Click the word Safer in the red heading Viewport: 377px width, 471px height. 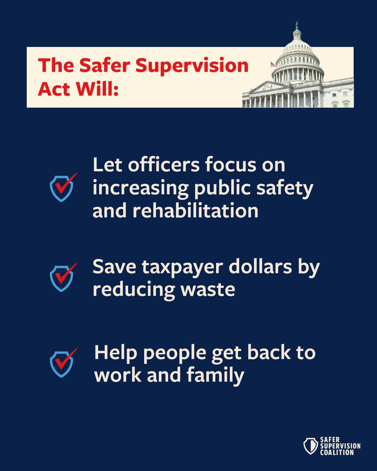pos(104,66)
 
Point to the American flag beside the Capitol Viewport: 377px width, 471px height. pos(273,64)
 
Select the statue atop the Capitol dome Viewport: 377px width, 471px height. pos(297,25)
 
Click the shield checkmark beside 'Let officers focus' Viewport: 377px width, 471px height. pos(62,188)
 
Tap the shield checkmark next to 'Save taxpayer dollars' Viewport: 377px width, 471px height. pos(62,278)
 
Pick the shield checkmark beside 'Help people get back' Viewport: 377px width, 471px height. pos(62,364)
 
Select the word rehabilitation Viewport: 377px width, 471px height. pos(195,211)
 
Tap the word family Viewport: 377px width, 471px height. pos(215,375)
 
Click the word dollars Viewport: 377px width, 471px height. pos(260,267)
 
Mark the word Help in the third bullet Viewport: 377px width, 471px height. pos(116,353)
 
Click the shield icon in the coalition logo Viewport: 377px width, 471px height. pos(310,446)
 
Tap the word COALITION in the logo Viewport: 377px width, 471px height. pos(337,453)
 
